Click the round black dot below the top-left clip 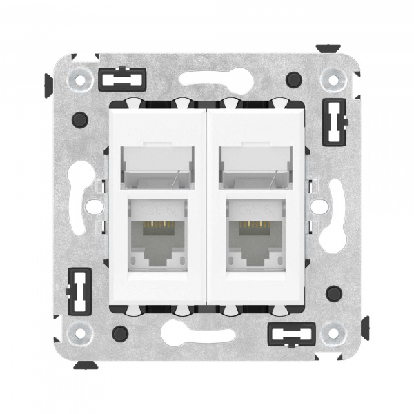click(x=79, y=118)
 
